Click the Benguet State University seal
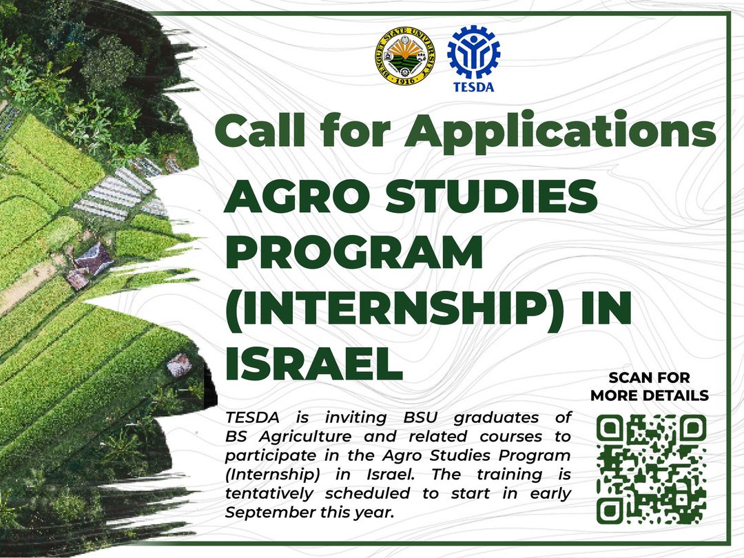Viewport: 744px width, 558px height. pyautogui.click(x=405, y=61)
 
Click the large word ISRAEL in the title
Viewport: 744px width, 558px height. pyautogui.click(x=314, y=364)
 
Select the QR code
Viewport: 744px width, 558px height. pyautogui.click(x=651, y=469)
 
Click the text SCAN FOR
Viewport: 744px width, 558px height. pyautogui.click(x=649, y=378)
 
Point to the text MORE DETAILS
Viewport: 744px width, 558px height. pyautogui.click(x=649, y=395)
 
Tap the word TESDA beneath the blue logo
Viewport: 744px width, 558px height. pyautogui.click(x=473, y=87)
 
